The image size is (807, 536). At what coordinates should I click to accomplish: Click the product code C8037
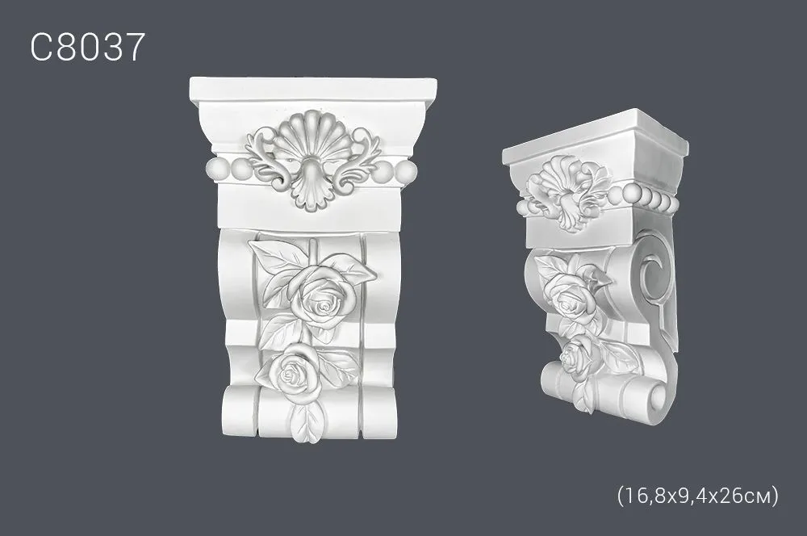pyautogui.click(x=87, y=48)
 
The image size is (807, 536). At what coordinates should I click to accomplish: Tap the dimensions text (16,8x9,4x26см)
pyautogui.click(x=697, y=496)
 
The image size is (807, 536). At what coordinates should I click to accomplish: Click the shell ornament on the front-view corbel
pyautogui.click(x=312, y=160)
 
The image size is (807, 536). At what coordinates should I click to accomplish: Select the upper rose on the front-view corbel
pyautogui.click(x=322, y=297)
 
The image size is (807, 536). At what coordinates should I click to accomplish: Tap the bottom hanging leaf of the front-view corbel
pyautogui.click(x=307, y=421)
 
